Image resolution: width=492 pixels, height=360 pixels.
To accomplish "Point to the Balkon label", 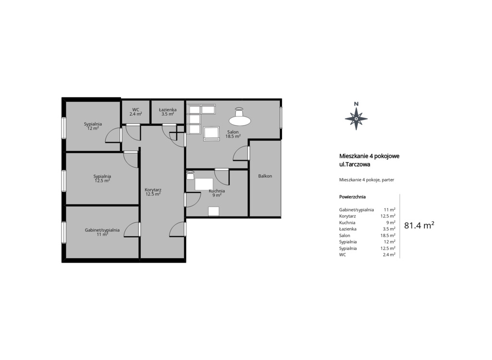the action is click(x=265, y=176).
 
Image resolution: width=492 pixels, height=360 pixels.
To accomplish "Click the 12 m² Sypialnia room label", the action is click(x=93, y=126).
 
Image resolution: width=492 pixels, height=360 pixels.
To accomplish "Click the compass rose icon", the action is click(x=356, y=119).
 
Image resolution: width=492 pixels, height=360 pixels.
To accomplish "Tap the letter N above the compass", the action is click(x=356, y=104).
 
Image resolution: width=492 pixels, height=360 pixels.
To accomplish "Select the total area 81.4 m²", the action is click(x=419, y=225).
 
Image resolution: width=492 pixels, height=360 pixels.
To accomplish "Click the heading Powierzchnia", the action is click(x=352, y=197).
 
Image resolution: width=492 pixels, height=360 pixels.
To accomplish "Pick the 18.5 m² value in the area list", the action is click(x=388, y=235).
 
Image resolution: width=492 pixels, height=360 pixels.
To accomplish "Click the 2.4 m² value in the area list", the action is click(x=389, y=254).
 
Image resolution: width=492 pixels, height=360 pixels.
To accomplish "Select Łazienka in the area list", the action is click(x=348, y=229).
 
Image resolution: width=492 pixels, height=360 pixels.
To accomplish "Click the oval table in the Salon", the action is click(x=240, y=120).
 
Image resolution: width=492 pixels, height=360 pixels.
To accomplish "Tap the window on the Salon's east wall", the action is click(x=281, y=118).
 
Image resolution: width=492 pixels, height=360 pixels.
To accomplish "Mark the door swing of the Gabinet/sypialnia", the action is click(x=132, y=229).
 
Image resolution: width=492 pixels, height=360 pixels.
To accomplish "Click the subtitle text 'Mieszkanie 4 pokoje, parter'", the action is click(x=367, y=180).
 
